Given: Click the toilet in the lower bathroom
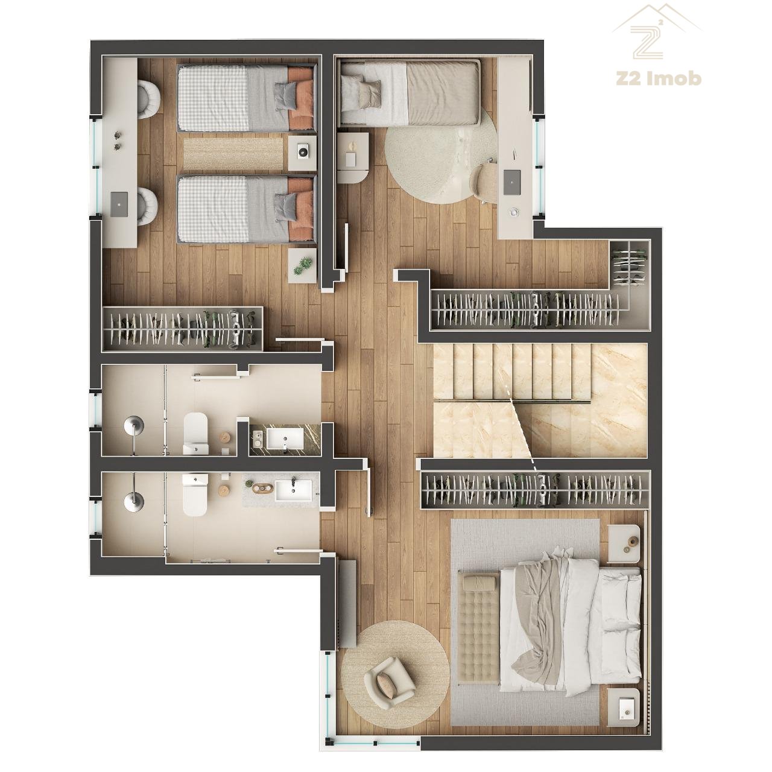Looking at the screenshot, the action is [x=195, y=495].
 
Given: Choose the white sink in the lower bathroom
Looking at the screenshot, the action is [x=294, y=490].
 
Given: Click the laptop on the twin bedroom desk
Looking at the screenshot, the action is [x=119, y=204].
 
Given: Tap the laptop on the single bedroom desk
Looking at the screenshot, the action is [x=512, y=182].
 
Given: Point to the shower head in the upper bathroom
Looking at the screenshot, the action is [x=133, y=424].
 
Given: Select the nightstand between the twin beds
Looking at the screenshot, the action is [x=303, y=153].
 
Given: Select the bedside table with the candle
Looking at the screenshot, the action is [x=353, y=158].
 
